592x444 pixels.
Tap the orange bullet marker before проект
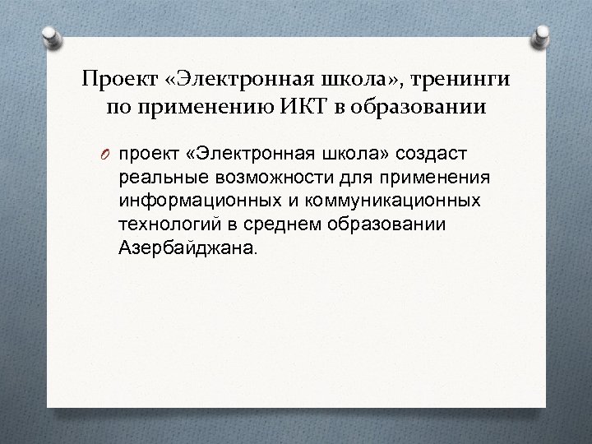click(x=108, y=155)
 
